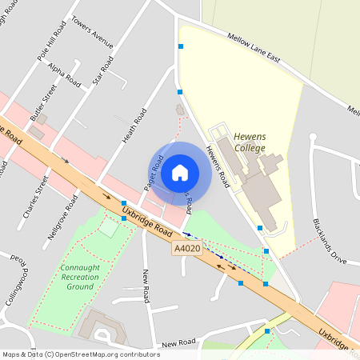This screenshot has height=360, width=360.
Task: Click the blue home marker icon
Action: click(180, 172)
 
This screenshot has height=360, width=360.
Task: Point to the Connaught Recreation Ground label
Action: click(79, 276)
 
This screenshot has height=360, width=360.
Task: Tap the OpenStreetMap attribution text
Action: click(80, 354)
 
